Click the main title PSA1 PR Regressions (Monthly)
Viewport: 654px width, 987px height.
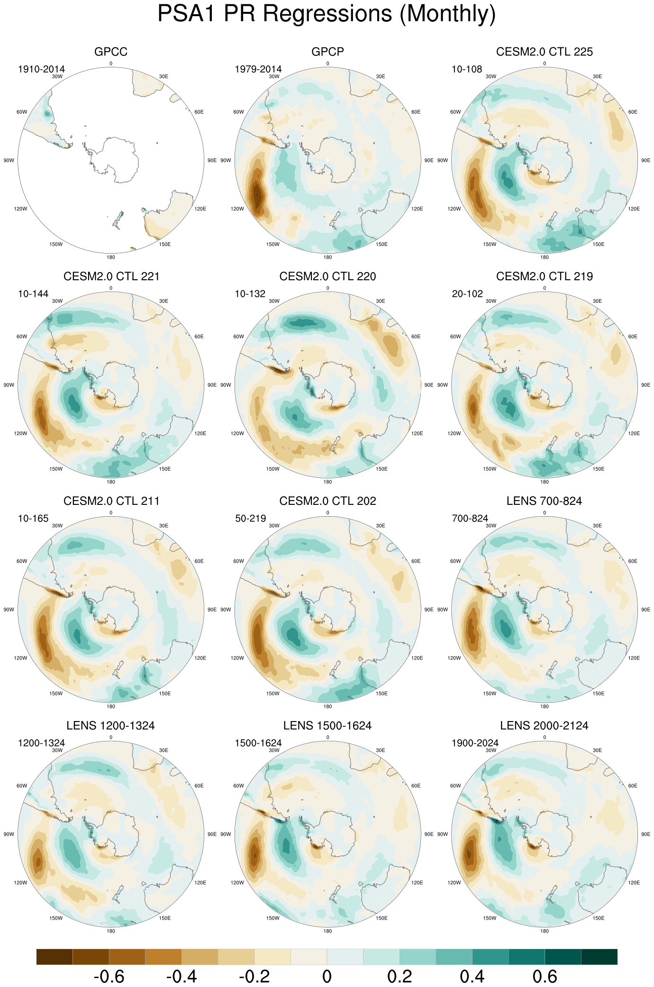[x=327, y=14]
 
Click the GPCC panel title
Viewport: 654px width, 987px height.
[x=111, y=52]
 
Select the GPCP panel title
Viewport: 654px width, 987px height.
[x=327, y=52]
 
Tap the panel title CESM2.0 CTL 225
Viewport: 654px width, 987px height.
[x=544, y=52]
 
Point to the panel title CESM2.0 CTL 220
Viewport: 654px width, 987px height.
[x=327, y=276]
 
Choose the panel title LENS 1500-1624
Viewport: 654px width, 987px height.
[x=327, y=726]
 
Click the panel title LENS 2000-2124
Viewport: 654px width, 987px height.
[x=544, y=726]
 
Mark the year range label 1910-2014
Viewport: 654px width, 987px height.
[x=41, y=69]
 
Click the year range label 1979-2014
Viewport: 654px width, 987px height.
[x=258, y=69]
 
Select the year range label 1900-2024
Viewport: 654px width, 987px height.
[x=475, y=743]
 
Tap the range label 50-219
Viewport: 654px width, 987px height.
[x=251, y=518]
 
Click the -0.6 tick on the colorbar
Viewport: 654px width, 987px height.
[x=109, y=977]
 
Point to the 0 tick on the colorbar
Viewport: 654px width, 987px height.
[x=327, y=977]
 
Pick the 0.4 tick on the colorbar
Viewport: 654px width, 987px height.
[x=472, y=977]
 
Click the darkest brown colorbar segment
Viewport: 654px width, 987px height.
[x=54, y=957]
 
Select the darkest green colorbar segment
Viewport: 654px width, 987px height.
[x=599, y=957]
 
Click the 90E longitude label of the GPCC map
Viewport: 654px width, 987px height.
[x=212, y=160]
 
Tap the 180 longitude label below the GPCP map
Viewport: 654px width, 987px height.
[x=327, y=257]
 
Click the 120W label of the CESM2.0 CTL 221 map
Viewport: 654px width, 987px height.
[x=20, y=433]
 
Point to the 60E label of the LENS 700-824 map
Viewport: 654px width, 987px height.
[x=633, y=561]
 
